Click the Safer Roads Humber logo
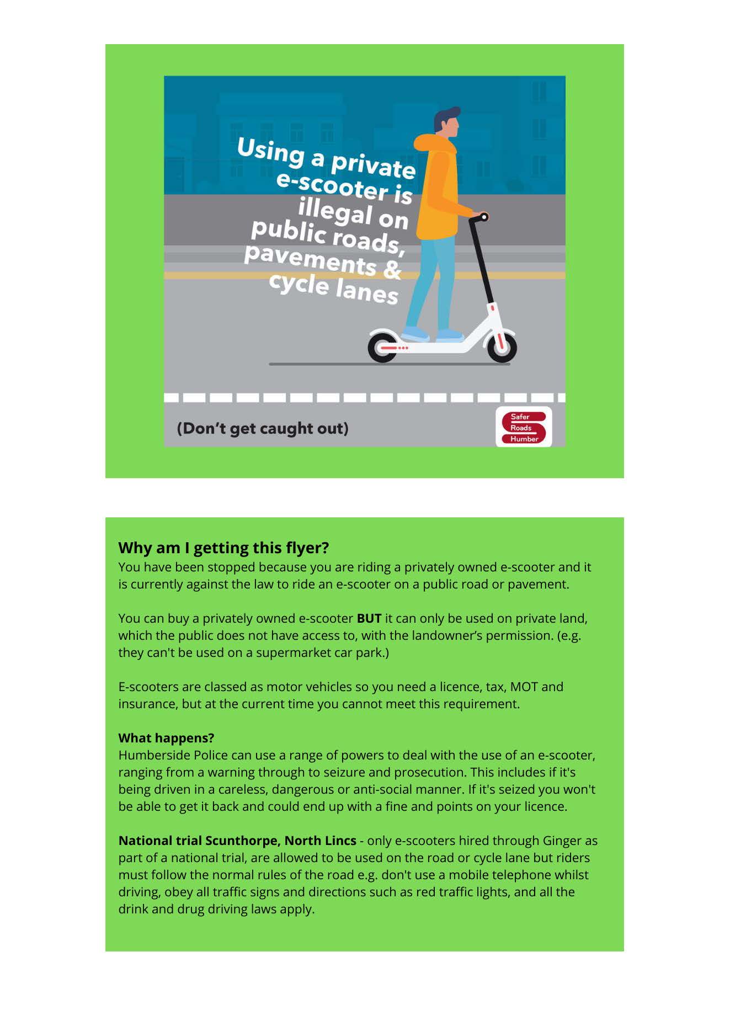[523, 427]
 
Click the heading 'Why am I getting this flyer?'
[223, 548]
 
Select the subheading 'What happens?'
[166, 738]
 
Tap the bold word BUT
[369, 618]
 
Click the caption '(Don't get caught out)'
[263, 429]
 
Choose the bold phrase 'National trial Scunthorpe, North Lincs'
[237, 841]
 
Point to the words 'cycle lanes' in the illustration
[333, 288]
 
